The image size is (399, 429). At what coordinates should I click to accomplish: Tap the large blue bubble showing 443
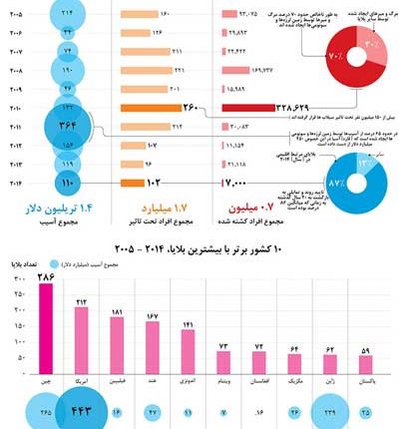pos(81,410)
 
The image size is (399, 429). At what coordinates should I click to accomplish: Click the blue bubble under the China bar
pos(46,411)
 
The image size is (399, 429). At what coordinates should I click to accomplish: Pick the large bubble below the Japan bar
pos(329,411)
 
